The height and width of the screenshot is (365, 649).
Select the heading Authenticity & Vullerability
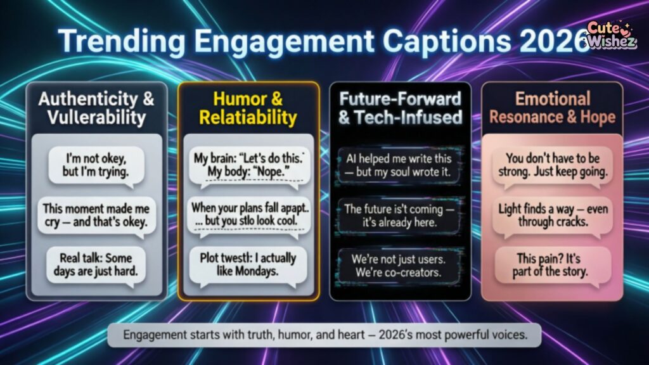point(96,108)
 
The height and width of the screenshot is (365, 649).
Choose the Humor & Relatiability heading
point(247,108)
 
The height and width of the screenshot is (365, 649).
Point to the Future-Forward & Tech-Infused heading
point(400,108)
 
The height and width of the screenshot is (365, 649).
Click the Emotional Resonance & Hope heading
point(551,108)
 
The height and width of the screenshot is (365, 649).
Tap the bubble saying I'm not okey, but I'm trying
point(96,164)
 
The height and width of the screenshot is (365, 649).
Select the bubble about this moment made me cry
point(96,215)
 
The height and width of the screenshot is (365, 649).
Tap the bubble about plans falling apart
point(248,215)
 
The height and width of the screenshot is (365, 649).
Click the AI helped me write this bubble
point(400,164)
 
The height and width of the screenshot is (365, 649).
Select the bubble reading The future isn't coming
point(400,215)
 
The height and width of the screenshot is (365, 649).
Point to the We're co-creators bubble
point(400,267)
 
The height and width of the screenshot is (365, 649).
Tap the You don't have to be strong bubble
point(552,164)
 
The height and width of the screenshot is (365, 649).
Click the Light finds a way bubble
point(552,215)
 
